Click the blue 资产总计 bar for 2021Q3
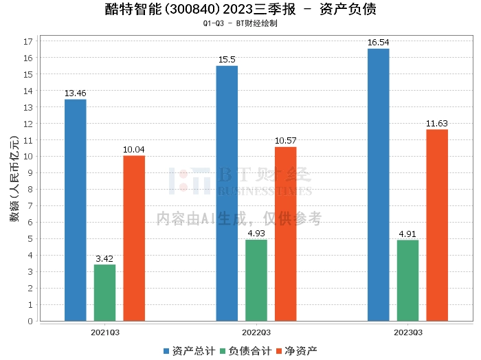click(x=76, y=210)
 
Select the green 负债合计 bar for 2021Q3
click(x=105, y=293)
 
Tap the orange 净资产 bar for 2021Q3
click(x=134, y=238)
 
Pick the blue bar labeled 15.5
click(x=227, y=193)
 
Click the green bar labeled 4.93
click(x=256, y=280)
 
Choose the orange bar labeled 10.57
click(x=286, y=234)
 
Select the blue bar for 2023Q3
click(x=379, y=184)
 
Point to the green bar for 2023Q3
click(x=408, y=280)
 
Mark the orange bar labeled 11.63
click(x=437, y=225)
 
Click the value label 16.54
click(x=379, y=43)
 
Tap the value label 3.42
click(x=105, y=259)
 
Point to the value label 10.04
click(x=134, y=150)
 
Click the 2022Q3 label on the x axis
click(x=256, y=332)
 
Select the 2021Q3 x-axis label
click(x=105, y=332)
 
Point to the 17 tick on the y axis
click(x=29, y=41)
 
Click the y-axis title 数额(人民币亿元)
click(x=14, y=181)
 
